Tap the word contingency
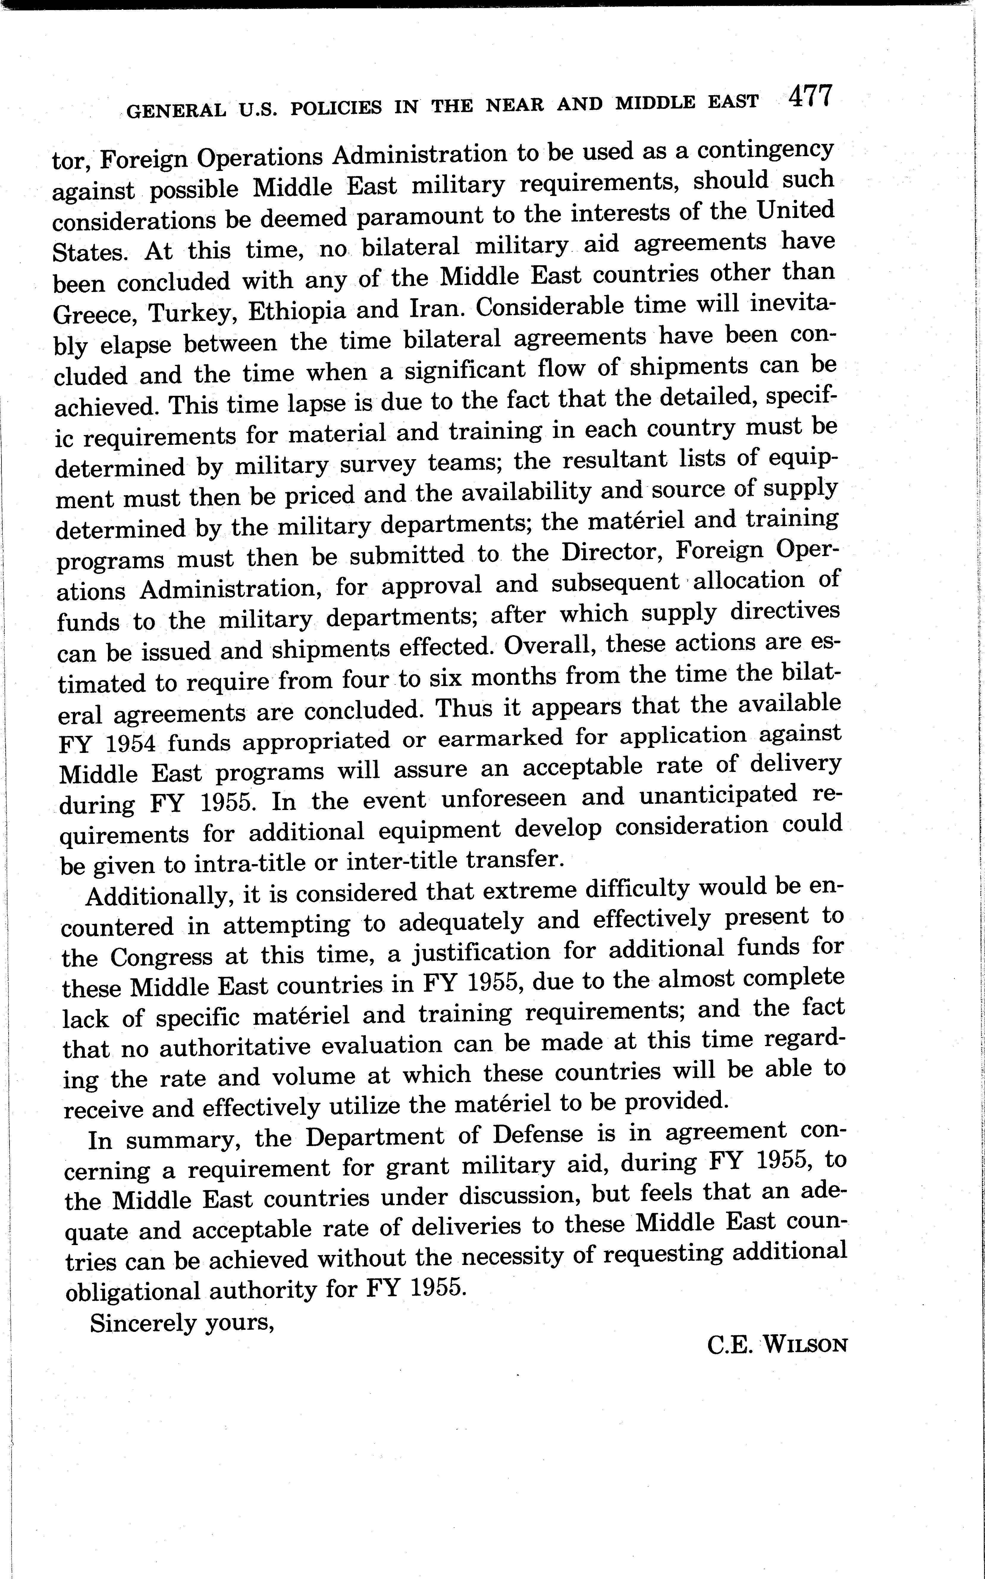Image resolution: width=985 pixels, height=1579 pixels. (x=765, y=149)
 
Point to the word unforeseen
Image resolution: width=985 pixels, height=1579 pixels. (x=503, y=799)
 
